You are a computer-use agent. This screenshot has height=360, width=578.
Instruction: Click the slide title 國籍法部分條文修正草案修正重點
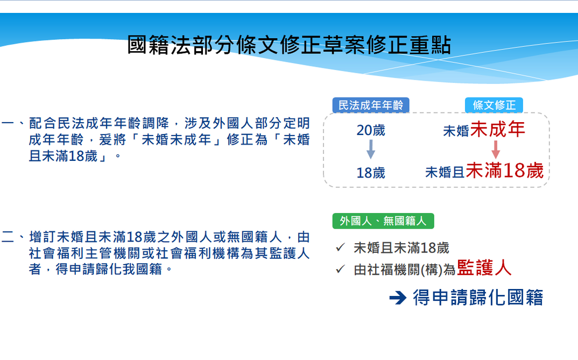(289, 45)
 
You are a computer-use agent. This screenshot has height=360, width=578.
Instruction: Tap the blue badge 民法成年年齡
(371, 105)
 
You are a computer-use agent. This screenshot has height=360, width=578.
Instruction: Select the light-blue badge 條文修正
(494, 105)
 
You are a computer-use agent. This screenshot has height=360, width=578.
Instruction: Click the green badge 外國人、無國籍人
(383, 221)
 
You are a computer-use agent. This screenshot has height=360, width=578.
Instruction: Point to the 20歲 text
(371, 131)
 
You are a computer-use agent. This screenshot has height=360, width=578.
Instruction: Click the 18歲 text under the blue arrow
(371, 173)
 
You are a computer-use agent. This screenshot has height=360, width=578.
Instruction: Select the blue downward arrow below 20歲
(371, 150)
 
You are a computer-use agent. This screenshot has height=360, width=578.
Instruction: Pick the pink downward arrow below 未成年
(496, 149)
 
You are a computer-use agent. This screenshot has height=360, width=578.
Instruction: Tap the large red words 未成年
(498, 130)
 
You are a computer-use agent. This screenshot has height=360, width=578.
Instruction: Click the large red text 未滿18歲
(504, 171)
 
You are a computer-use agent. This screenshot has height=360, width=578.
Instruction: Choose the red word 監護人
(484, 268)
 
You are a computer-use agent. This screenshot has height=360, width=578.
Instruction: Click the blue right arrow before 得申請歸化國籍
(397, 298)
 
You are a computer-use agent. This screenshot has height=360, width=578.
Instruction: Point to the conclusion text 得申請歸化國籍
(478, 298)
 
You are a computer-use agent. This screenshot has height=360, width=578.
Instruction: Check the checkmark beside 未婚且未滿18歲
(340, 248)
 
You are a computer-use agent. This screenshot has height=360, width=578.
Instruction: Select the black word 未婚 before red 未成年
(456, 131)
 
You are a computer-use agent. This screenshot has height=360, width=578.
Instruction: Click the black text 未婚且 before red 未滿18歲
(445, 172)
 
